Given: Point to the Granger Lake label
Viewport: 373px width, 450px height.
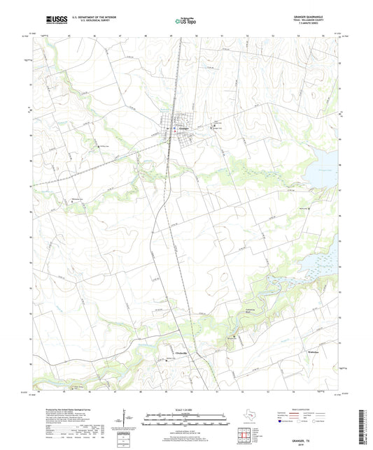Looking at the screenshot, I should click(x=326, y=169).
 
